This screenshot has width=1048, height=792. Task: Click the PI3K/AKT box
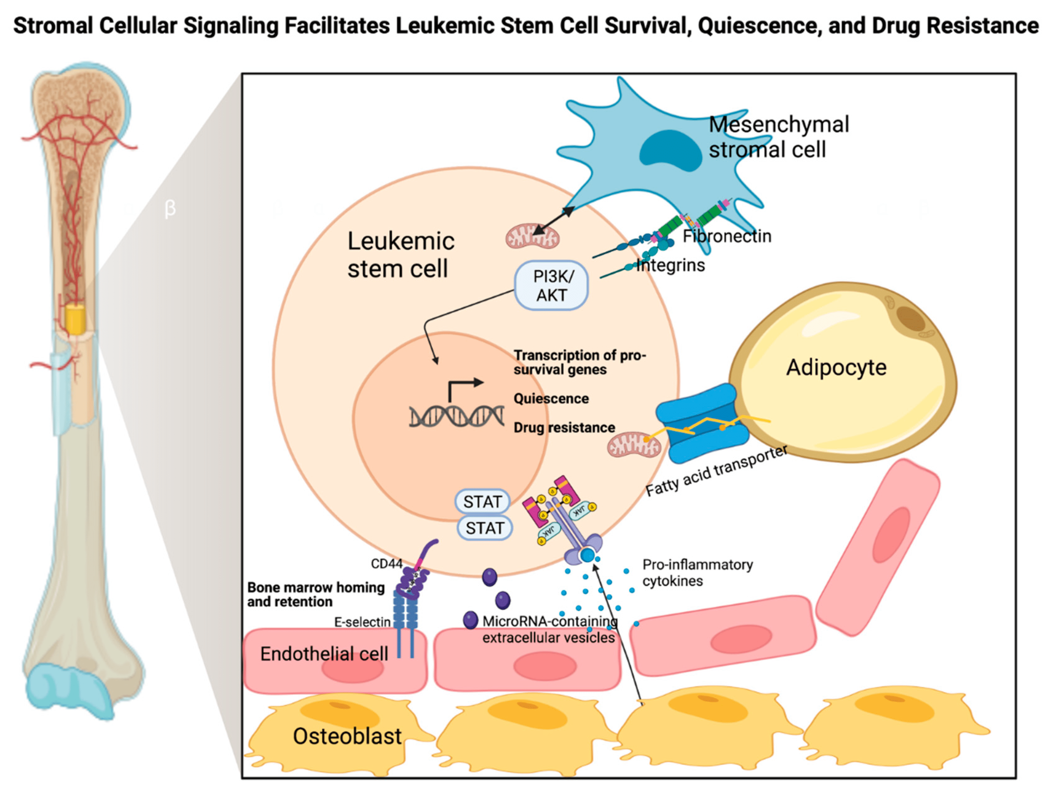(551, 286)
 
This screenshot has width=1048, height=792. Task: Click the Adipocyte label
(836, 368)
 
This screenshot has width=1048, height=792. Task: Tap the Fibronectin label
(727, 236)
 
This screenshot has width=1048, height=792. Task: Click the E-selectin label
(362, 622)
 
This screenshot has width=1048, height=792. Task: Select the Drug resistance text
(564, 428)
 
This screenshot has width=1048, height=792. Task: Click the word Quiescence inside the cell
(551, 399)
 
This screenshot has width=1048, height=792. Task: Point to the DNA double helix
(456, 417)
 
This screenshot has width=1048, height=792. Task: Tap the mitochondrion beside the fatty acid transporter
(634, 445)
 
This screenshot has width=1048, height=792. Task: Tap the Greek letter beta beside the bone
(170, 208)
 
